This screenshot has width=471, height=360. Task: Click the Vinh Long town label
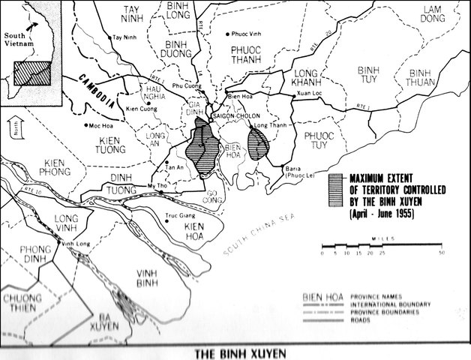pyautogui.click(x=75, y=244)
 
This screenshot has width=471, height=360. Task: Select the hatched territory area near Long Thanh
pyautogui.click(x=260, y=144)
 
